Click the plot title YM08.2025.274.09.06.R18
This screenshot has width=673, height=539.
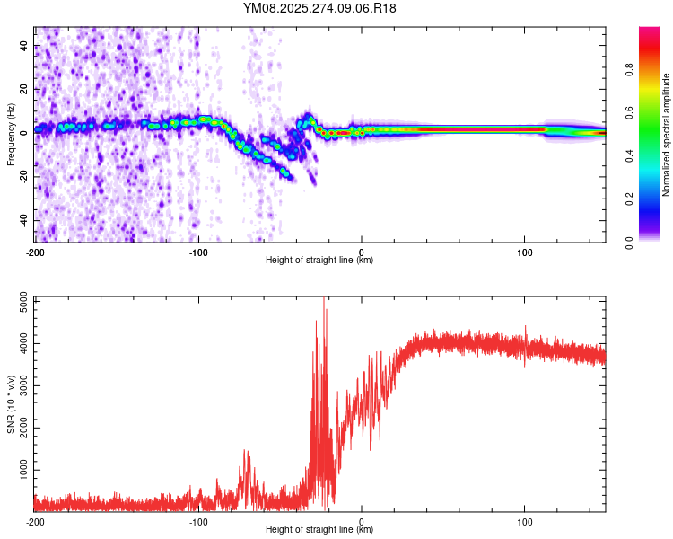[x=320, y=8]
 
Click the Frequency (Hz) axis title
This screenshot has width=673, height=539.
[x=12, y=134]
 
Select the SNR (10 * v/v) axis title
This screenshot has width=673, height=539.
[x=12, y=402]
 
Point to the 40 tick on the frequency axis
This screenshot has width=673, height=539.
[x=26, y=46]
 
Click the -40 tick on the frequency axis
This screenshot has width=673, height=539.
[x=23, y=220]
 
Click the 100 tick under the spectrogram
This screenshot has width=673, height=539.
[x=525, y=252]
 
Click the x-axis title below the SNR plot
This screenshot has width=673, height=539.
[x=319, y=530]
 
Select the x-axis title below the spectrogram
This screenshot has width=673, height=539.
[x=319, y=261]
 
